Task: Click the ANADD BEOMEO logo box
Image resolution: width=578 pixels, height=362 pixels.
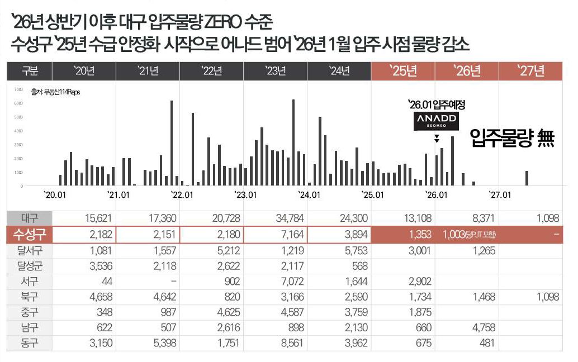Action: [435, 121]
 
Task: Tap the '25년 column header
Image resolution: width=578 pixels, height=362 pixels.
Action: [403, 71]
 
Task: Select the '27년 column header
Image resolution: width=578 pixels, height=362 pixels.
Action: [531, 71]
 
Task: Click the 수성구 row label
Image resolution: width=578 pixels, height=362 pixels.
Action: [29, 235]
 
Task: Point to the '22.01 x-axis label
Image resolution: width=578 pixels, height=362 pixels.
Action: [182, 195]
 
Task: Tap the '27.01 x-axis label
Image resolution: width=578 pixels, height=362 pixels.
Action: [500, 195]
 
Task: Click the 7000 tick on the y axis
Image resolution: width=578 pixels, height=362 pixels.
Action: [18, 89]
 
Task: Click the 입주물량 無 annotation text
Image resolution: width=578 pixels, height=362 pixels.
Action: [512, 137]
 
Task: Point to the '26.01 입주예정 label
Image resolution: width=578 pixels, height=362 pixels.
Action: [437, 104]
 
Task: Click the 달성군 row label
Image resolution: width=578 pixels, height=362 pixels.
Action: [29, 266]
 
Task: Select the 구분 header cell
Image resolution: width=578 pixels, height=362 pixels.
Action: [29, 71]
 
